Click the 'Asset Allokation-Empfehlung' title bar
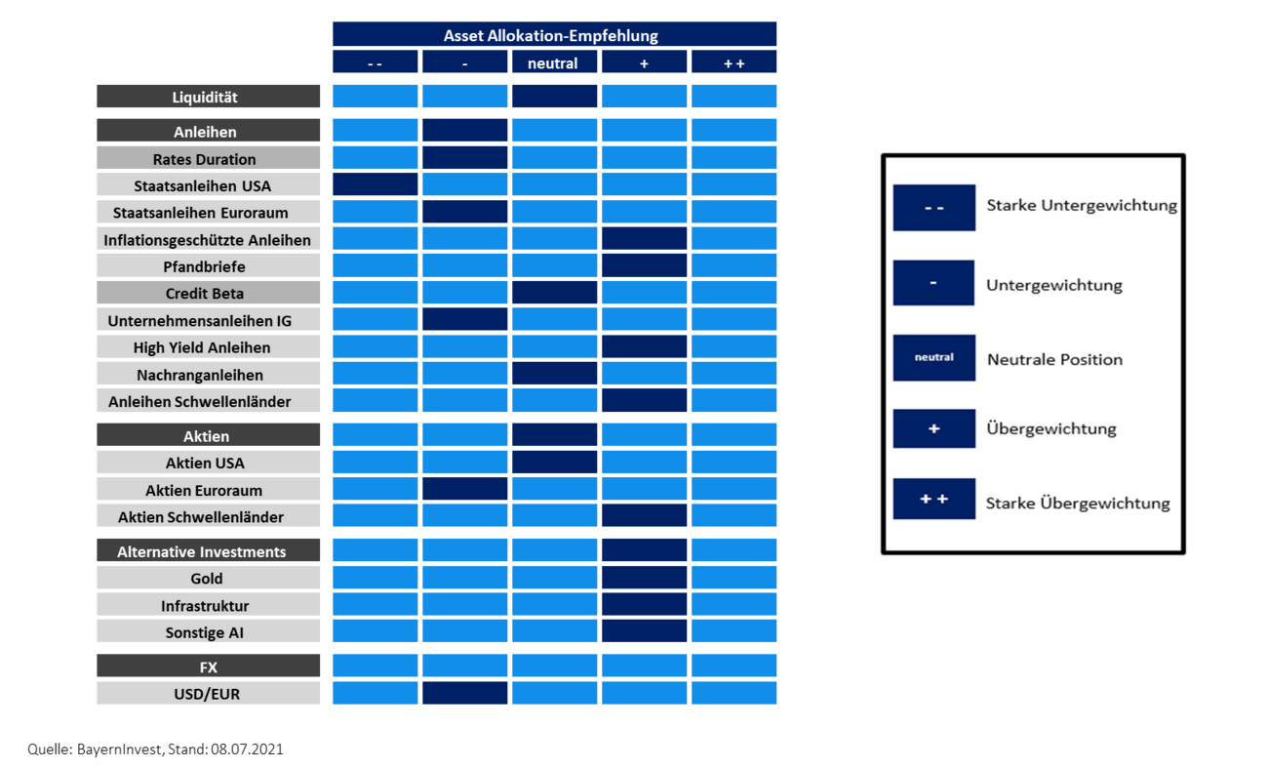click(x=554, y=34)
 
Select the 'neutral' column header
click(x=554, y=61)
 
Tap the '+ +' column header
click(x=733, y=61)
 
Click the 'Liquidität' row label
click(x=209, y=97)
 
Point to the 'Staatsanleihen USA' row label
click(x=209, y=184)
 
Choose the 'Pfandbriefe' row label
click(x=209, y=265)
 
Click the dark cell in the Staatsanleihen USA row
click(x=375, y=184)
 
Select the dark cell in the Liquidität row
click(x=554, y=97)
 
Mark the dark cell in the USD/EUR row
click(x=464, y=693)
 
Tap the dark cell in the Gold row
click(x=644, y=577)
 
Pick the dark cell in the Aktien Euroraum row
click(x=464, y=489)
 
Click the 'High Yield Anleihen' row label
click(x=209, y=346)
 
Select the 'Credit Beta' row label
click(x=209, y=292)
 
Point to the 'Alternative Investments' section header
click(x=209, y=550)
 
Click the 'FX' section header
click(x=209, y=666)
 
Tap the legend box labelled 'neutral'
click(x=934, y=357)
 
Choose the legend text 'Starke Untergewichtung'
click(x=1082, y=205)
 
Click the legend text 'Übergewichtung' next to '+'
click(x=1051, y=428)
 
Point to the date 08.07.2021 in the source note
click(x=247, y=749)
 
